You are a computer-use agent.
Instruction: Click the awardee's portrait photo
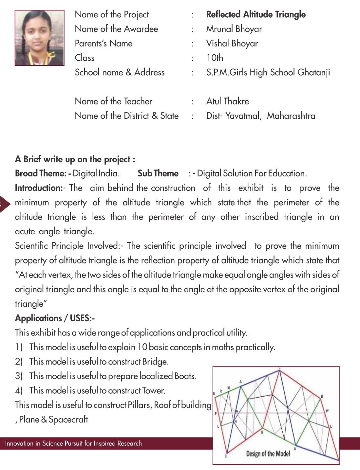[39, 38]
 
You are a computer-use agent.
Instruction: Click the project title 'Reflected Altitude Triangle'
[256, 14]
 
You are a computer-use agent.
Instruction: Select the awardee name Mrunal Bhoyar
[234, 29]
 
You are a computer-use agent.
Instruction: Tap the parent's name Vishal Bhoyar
[232, 44]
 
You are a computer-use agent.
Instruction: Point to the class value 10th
[215, 58]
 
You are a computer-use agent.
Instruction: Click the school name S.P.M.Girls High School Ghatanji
[268, 72]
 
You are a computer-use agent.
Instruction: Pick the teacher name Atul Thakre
[227, 101]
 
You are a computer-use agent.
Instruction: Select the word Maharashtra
[291, 116]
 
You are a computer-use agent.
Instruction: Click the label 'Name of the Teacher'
[113, 101]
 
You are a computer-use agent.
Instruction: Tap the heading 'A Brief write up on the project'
[75, 159]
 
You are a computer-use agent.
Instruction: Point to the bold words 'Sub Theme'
[158, 173]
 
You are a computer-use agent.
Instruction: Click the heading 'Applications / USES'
[54, 318]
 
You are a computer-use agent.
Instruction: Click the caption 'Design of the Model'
[268, 454]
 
